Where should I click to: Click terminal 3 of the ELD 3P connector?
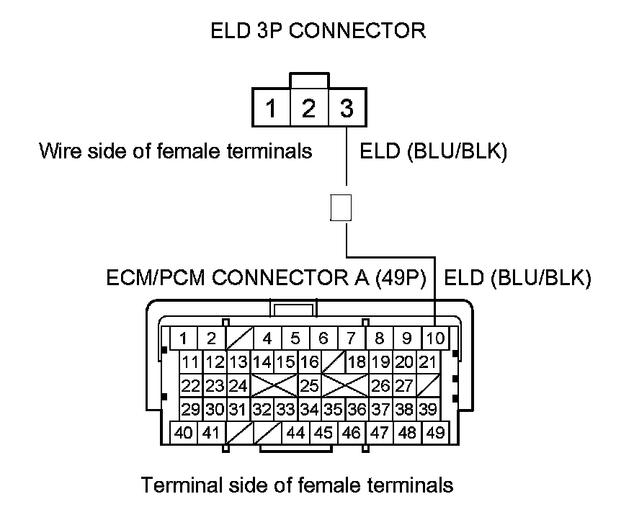point(347,108)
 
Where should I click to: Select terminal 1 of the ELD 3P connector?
point(271,108)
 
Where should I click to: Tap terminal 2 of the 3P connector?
point(309,108)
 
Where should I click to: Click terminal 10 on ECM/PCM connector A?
point(435,338)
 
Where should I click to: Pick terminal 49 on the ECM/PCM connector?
point(434,433)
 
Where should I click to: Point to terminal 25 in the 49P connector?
point(309,385)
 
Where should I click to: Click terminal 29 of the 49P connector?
point(190,409)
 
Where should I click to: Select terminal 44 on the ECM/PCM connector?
point(295,433)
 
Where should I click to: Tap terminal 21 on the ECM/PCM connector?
point(428,361)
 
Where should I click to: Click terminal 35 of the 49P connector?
point(333,409)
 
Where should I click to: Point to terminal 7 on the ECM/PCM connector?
point(351,338)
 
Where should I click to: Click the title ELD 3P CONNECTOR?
point(318,31)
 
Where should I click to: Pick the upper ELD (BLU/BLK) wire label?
point(434,151)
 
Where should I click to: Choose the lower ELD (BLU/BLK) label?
point(518,279)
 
